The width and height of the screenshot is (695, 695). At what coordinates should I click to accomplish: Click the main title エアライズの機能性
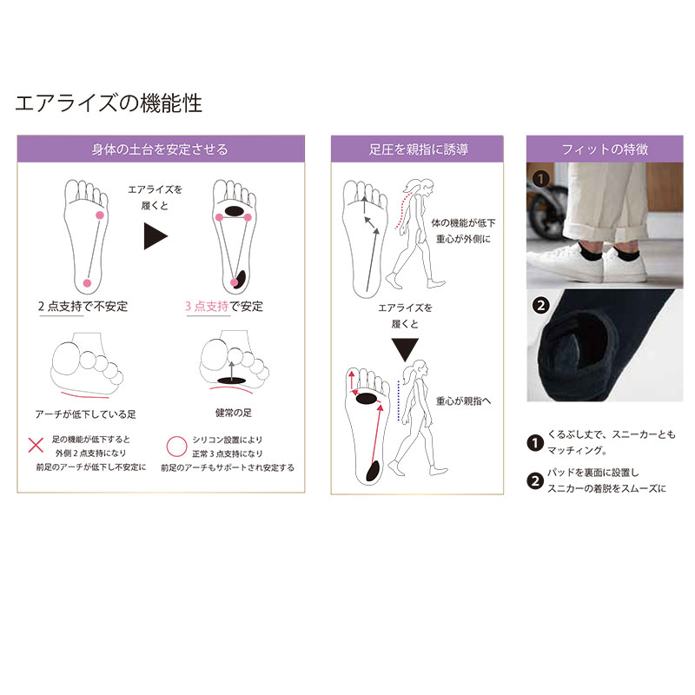109,103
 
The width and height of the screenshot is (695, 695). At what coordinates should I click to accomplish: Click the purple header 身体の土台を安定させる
161,149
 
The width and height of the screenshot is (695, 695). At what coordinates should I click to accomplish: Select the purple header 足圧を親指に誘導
417,149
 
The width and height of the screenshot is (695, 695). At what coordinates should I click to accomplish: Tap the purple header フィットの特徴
605,149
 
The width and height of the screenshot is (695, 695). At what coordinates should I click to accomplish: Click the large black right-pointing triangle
156,236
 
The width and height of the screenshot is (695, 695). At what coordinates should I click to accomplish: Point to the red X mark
36,445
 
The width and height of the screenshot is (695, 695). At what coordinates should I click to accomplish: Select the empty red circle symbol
176,447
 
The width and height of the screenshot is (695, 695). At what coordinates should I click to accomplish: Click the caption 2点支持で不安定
83,307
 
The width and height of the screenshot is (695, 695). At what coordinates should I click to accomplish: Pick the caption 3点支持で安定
224,307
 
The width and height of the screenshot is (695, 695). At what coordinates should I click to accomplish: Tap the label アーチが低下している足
85,414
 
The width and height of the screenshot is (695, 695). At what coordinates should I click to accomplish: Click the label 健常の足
233,414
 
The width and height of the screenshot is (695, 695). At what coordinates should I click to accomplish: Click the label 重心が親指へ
464,401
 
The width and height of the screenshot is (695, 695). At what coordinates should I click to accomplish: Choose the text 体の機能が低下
463,223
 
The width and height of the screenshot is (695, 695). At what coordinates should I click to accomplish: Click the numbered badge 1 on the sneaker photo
540,179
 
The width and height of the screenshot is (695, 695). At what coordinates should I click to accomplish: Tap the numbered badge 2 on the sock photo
540,306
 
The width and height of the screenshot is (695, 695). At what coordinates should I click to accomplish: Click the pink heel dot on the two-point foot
88,283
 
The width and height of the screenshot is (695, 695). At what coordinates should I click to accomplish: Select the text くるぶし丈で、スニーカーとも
612,434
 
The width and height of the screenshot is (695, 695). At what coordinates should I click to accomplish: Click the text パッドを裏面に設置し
592,473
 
